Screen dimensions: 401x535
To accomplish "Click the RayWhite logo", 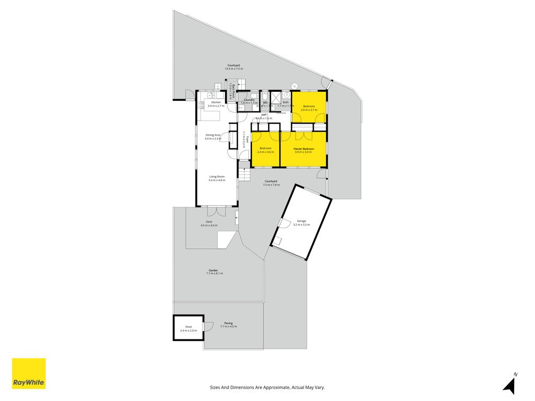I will click(29, 373).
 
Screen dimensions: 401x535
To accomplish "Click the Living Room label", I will click(217, 178).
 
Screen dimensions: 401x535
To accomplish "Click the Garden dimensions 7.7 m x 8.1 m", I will click(215, 274).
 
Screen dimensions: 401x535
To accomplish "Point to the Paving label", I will click(228, 324).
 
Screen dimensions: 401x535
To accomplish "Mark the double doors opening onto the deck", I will click(216, 211).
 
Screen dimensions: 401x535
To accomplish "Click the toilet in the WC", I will click(265, 96).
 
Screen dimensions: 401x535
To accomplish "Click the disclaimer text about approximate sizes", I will click(267, 387).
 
